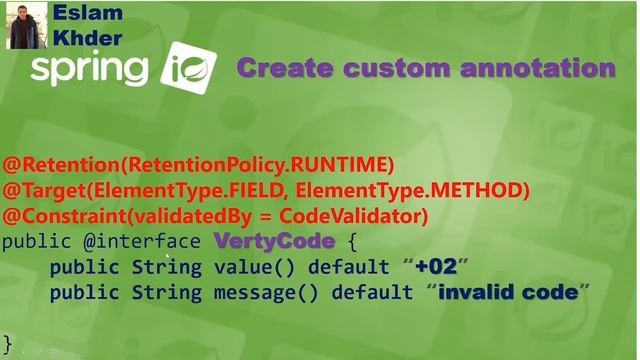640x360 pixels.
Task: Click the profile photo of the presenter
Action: [x=26, y=25]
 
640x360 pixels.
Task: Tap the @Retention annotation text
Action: [x=50, y=164]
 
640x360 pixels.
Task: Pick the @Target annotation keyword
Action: [x=35, y=190]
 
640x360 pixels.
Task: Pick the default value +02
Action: [x=435, y=267]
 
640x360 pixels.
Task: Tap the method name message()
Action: [x=255, y=293]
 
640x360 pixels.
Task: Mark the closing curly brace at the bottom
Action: [x=7, y=343]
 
